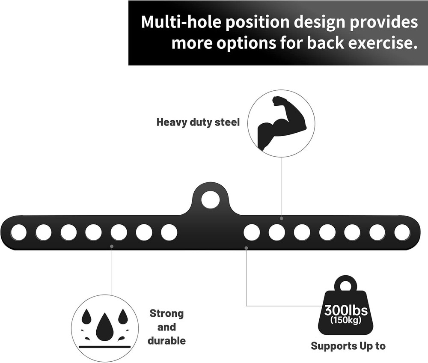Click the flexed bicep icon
tap(281, 122)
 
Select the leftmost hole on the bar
tap(18, 232)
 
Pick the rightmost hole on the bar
tap(402, 232)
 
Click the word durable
tap(166, 341)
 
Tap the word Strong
tap(166, 313)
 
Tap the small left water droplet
tap(86, 317)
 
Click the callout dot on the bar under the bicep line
tap(282, 218)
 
